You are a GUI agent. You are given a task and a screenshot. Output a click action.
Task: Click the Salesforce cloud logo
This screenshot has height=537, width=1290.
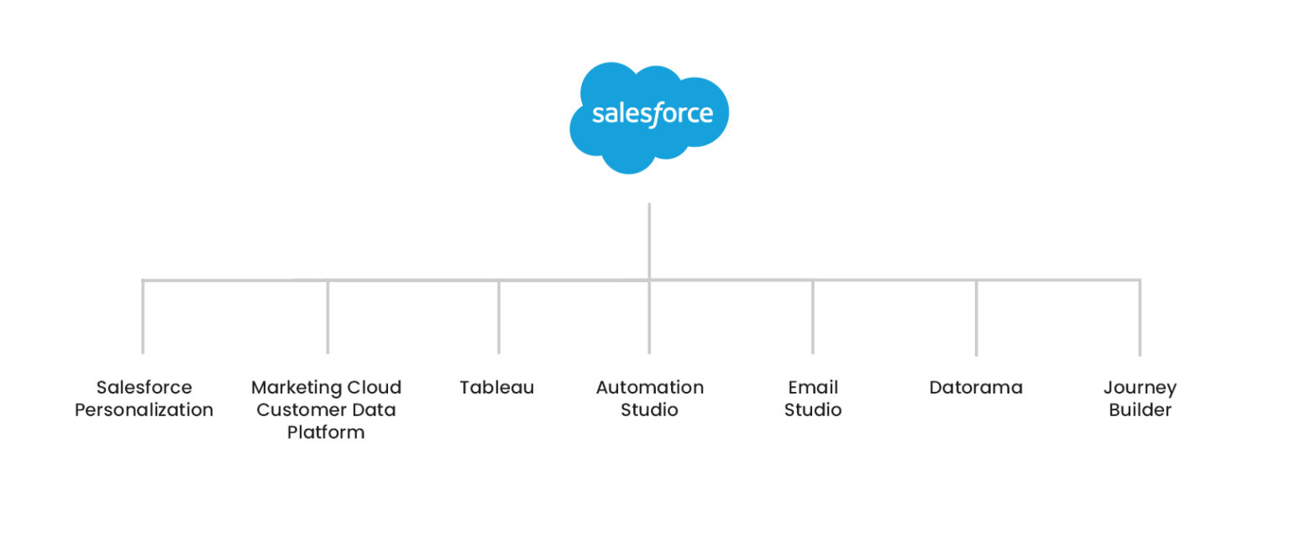click(649, 116)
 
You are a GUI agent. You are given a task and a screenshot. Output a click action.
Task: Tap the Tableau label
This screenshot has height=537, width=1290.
click(496, 388)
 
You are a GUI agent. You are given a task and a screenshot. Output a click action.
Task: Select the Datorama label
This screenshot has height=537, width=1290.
click(976, 388)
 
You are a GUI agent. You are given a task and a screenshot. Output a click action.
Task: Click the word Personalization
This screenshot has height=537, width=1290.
click(144, 410)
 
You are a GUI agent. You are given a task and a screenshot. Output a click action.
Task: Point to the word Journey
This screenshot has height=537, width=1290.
click(1140, 388)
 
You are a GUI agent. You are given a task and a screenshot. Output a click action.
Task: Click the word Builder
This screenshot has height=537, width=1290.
click(1140, 410)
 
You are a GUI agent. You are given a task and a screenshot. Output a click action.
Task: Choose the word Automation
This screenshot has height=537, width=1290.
click(649, 388)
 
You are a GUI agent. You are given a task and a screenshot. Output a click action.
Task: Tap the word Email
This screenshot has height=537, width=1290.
click(813, 388)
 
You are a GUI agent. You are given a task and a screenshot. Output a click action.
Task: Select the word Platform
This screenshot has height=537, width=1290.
click(326, 433)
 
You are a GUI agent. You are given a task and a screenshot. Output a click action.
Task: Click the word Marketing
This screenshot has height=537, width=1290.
click(297, 388)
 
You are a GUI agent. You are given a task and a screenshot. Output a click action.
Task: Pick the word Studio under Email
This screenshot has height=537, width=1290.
click(813, 410)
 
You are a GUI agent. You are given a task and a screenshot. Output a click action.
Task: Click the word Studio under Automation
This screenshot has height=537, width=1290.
click(649, 410)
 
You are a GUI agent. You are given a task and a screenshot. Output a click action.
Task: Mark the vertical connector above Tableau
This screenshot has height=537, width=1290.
click(499, 316)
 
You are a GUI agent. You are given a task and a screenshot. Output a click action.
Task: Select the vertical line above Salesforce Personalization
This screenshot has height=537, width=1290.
click(143, 316)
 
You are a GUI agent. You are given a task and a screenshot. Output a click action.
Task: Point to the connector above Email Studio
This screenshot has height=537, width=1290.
click(813, 316)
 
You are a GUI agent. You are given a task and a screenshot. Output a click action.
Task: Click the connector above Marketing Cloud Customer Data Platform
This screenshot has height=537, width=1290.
click(328, 316)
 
